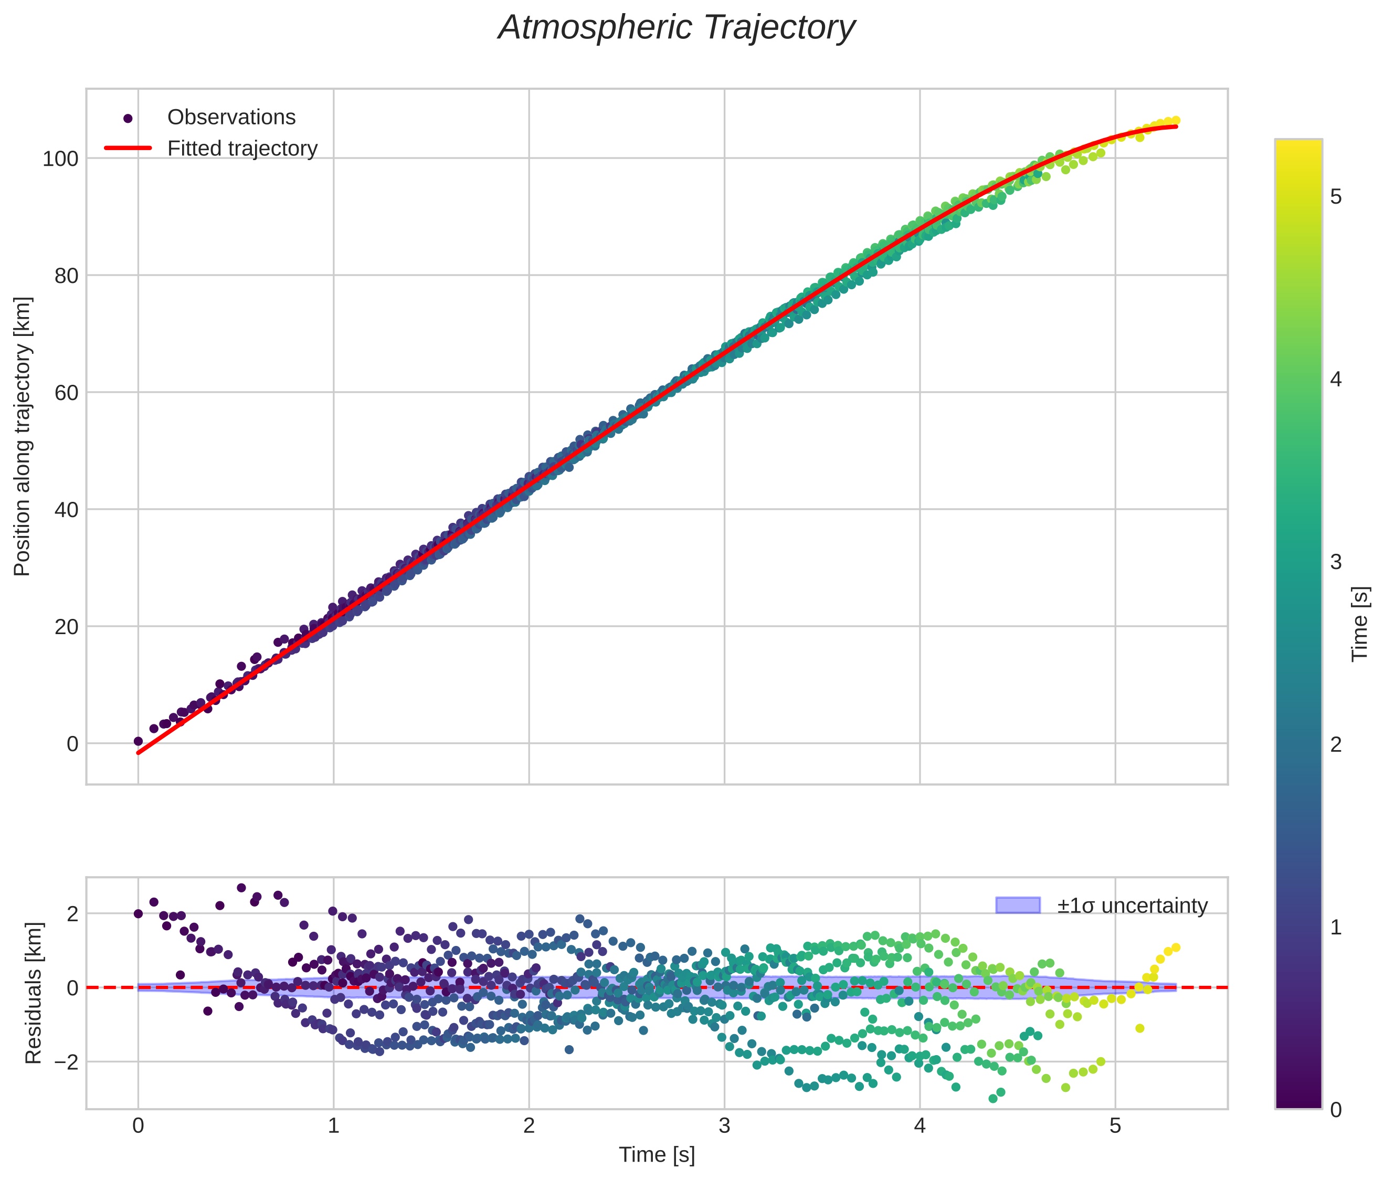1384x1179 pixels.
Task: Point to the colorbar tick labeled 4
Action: (1336, 380)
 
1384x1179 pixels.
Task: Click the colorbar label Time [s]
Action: (1360, 624)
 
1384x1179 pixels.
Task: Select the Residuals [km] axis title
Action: (34, 993)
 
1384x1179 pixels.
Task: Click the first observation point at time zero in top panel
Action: (138, 741)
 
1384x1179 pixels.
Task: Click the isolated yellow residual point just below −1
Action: (1139, 1028)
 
